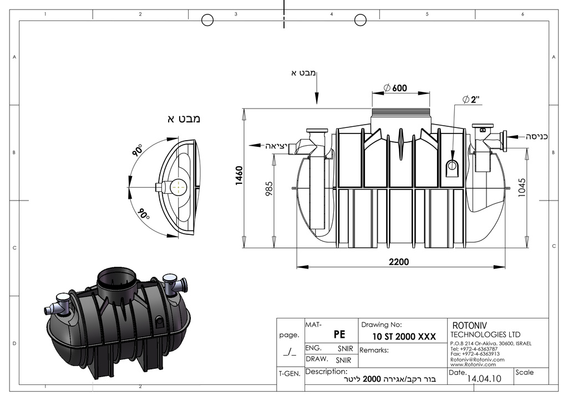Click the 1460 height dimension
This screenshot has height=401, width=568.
pos(239,176)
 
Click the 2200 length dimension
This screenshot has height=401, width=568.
pos(399,261)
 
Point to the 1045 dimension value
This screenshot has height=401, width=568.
pos(522,187)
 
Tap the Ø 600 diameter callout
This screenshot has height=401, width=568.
pos(395,88)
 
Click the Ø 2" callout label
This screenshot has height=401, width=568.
pos(471,100)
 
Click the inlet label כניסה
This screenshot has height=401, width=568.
pos(536,137)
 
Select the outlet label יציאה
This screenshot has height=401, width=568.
pos(276,146)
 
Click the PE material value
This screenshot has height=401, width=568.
pos(339,335)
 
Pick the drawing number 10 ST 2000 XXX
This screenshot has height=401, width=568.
pos(404,337)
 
